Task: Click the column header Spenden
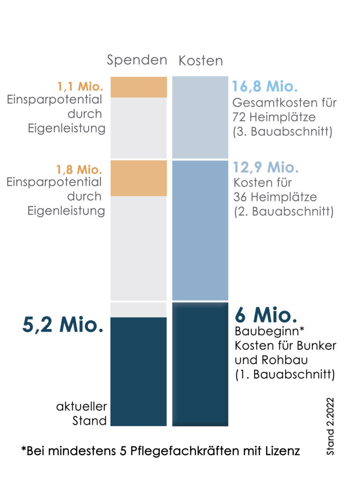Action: click(137, 60)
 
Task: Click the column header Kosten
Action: click(201, 61)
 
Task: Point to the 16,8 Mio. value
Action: click(265, 87)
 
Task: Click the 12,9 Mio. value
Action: click(266, 168)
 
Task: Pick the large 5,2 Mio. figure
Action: click(63, 325)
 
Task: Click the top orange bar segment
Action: click(139, 87)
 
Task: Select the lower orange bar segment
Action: click(139, 178)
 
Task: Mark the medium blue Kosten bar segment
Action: click(200, 230)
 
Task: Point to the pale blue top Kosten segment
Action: click(200, 117)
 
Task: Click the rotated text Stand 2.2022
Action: click(331, 427)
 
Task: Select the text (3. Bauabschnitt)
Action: click(283, 132)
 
